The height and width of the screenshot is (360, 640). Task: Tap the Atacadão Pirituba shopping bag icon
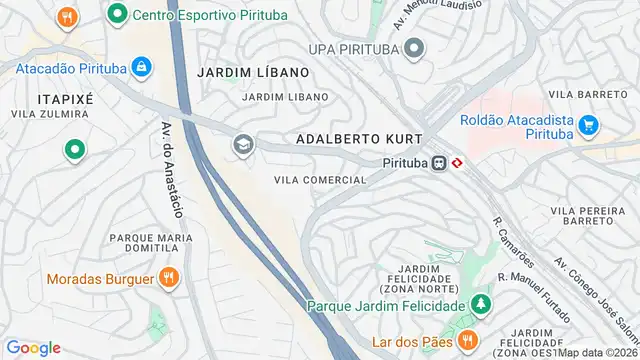(142, 68)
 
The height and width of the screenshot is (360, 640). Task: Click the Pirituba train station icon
(437, 162)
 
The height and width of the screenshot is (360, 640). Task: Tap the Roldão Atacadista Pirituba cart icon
(589, 127)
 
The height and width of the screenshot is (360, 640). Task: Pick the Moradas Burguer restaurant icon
(170, 278)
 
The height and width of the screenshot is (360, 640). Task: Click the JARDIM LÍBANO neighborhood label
(253, 73)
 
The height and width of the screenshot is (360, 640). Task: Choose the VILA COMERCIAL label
(320, 180)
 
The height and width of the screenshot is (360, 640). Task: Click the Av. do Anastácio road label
(169, 170)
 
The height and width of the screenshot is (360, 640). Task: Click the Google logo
(33, 347)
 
